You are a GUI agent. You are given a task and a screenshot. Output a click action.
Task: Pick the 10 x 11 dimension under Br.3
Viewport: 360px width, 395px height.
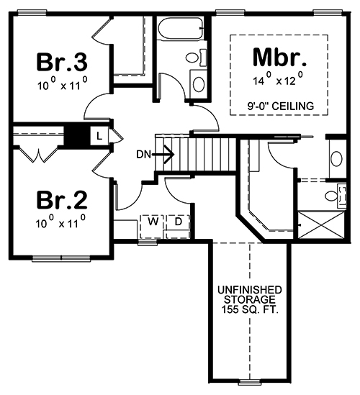(x=61, y=83)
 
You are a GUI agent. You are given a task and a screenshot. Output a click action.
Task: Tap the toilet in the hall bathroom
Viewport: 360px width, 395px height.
(x=193, y=58)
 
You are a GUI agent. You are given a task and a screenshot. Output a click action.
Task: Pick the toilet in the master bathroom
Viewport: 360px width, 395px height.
(x=334, y=195)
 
